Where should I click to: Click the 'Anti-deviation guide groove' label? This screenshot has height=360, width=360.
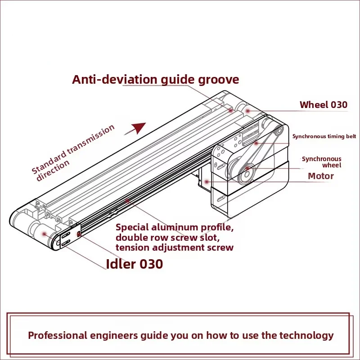[155, 80]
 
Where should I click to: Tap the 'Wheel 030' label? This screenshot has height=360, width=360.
[323, 105]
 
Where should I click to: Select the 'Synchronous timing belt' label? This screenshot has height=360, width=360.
[324, 136]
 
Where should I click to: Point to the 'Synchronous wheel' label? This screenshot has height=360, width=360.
[321, 162]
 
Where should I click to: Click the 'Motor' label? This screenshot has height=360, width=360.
[320, 176]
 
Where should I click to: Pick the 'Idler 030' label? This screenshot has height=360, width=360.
[134, 264]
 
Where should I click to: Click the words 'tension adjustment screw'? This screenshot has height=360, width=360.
[175, 247]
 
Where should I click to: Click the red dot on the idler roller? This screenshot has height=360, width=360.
[44, 233]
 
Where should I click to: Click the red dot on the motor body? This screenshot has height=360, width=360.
[206, 181]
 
